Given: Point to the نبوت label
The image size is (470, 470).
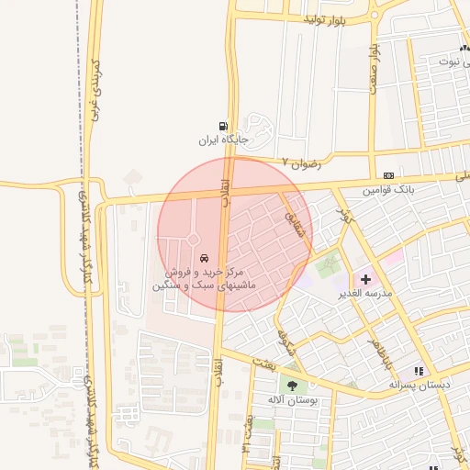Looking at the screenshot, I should pyautogui.click(x=453, y=62).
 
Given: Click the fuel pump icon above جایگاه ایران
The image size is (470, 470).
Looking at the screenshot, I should pyautogui.click(x=223, y=126).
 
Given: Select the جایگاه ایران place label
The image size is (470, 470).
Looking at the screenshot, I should pyautogui.click(x=223, y=141).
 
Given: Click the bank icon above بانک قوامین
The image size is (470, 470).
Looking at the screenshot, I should pyautogui.click(x=389, y=175).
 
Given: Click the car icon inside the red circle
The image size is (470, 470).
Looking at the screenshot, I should pyautogui.click(x=203, y=260).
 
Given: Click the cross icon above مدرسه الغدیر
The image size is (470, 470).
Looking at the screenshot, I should pyautogui.click(x=365, y=277).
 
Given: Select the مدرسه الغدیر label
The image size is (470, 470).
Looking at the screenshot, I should pyautogui.click(x=366, y=293).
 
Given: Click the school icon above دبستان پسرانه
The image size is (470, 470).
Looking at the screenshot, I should pyautogui.click(x=419, y=372).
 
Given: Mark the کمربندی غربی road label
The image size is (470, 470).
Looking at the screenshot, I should pyautogui.click(x=94, y=93).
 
